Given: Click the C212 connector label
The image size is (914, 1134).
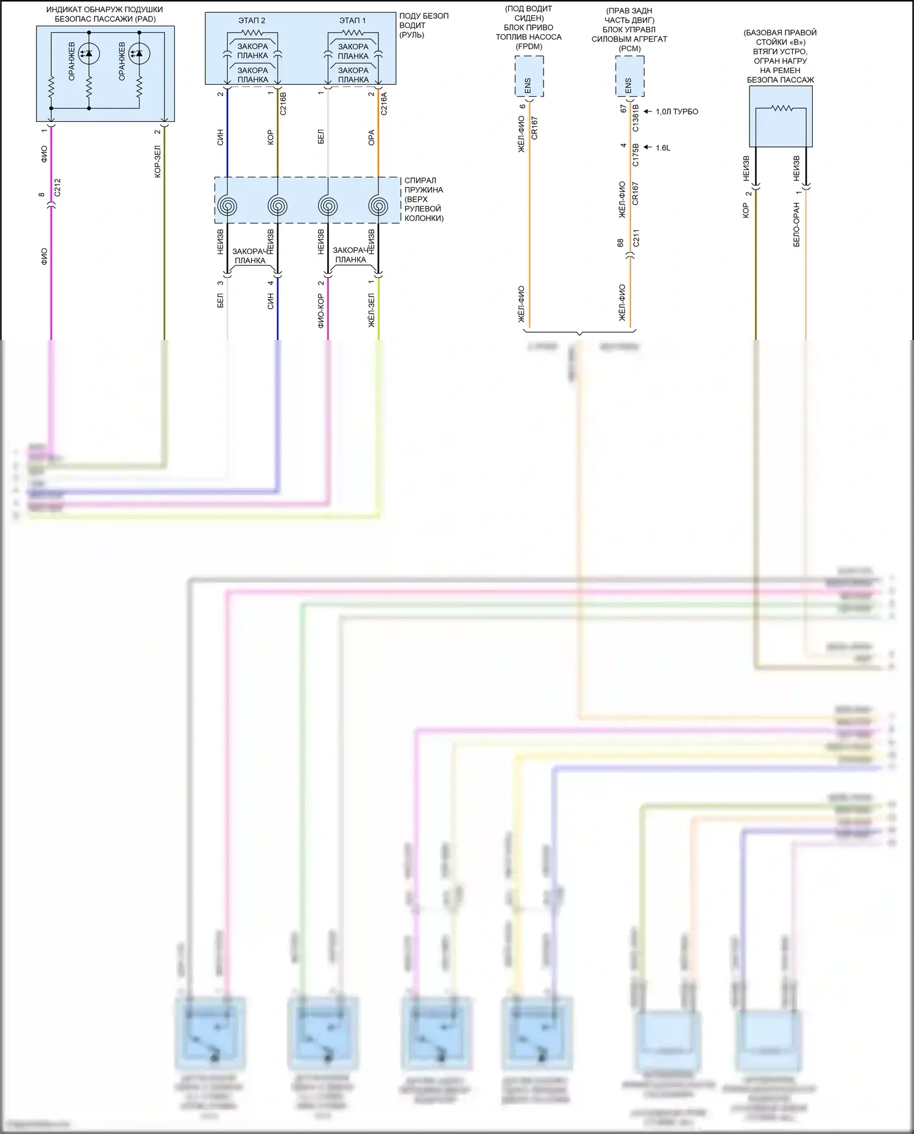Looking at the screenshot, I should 58,188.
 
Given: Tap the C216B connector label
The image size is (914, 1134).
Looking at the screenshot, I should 283,104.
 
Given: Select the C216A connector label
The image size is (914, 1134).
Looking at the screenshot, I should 383,104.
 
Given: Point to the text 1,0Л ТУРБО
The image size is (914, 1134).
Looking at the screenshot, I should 676,112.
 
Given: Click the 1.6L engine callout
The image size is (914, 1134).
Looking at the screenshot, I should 662,147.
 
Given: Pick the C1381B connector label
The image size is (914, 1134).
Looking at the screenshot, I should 636,118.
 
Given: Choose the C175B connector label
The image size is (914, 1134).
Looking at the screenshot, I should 636,154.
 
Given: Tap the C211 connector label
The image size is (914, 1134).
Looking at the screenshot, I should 636,238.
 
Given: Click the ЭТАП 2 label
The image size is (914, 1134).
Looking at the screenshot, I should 252,21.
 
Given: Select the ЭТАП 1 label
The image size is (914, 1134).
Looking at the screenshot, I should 352,21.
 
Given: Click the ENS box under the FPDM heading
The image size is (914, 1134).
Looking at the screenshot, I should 528,77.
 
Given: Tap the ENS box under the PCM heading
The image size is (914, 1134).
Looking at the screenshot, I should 629,77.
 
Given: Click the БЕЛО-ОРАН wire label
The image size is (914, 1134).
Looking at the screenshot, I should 796,224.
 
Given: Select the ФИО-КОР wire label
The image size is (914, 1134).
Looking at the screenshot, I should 321,311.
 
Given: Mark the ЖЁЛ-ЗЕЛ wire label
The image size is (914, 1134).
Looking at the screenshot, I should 371,311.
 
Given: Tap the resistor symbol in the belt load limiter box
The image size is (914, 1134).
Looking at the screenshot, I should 781,108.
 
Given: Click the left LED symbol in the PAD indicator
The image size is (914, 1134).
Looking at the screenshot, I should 89,54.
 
